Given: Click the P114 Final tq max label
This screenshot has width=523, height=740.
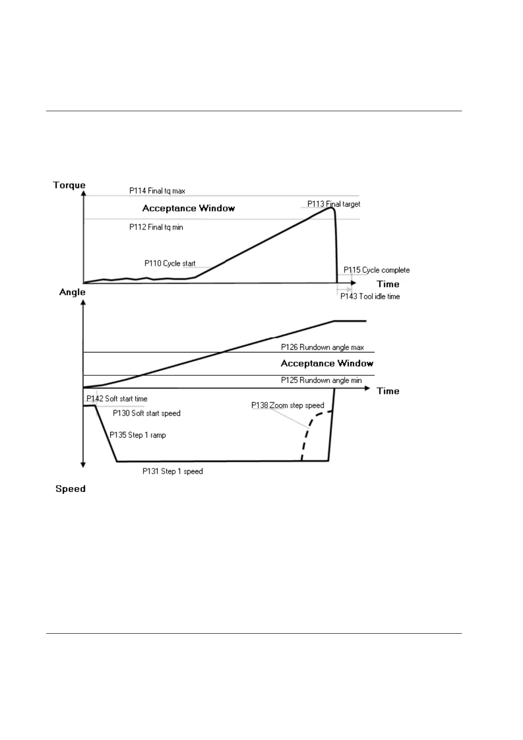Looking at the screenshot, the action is tap(157, 191).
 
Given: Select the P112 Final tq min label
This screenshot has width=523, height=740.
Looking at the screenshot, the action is tap(156, 227).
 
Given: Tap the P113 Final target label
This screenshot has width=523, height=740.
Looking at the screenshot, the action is tap(333, 204).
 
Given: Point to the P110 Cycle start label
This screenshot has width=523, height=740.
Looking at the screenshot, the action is tap(170, 264).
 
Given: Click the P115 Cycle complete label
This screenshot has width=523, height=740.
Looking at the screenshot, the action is tap(376, 270).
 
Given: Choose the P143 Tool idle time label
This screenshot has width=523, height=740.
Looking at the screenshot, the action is tap(370, 297).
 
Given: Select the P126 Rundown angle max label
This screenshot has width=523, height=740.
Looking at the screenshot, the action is tap(322, 347).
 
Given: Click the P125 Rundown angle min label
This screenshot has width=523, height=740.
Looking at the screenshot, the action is tap(321, 380).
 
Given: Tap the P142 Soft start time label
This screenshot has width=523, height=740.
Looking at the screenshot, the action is tap(117, 399).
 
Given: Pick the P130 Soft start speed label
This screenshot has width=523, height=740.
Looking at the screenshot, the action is tap(147, 413).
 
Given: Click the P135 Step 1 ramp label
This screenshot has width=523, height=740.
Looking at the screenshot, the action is tap(138, 435).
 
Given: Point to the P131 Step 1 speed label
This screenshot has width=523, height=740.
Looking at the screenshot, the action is tap(173, 472).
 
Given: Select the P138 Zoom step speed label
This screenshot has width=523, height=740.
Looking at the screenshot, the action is tap(288, 405).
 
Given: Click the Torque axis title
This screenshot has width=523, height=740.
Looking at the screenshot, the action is tap(69, 185).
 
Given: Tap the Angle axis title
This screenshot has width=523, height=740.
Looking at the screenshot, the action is tap(72, 292).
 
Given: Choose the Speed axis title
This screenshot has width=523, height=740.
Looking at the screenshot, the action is tap(70, 489).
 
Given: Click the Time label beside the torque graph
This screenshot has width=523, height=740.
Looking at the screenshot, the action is tap(388, 284).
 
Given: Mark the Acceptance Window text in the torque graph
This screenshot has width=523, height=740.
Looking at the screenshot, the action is tap(188, 208).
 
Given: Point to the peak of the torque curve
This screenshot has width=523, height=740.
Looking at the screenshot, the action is tap(331, 207).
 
